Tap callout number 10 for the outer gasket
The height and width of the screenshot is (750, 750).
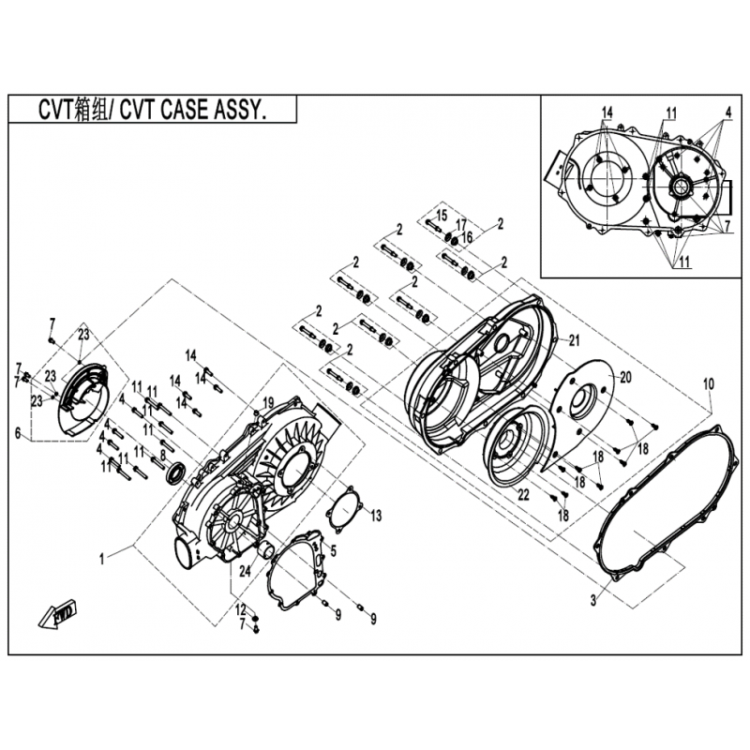(709, 384)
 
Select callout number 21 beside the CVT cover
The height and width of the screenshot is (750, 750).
(574, 340)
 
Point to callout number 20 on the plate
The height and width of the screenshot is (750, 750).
(625, 378)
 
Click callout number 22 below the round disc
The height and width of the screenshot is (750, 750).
(524, 495)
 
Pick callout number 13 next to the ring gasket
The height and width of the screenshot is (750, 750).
(377, 516)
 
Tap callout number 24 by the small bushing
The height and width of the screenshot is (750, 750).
(245, 571)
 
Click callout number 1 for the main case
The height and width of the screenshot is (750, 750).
(102, 559)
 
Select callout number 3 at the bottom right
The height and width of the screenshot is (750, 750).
(593, 600)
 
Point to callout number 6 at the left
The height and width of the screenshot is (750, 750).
(18, 433)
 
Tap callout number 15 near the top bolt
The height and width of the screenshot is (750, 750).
(441, 216)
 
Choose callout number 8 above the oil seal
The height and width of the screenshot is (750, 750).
(163, 456)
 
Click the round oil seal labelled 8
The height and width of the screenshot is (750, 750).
(176, 472)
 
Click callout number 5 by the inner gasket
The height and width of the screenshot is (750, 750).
(334, 550)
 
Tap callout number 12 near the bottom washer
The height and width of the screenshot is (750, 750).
(241, 610)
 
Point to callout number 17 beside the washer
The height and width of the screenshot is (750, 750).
(460, 224)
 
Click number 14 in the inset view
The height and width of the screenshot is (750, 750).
(607, 112)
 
